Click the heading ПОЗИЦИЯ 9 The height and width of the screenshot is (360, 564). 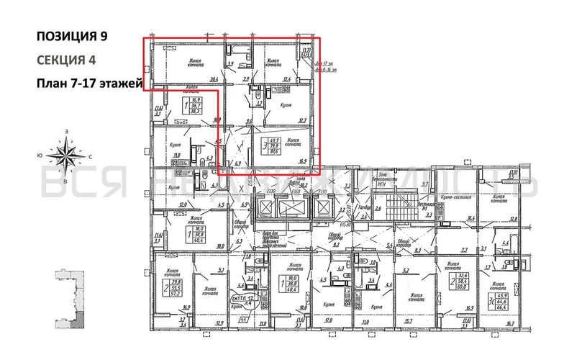point(74,36)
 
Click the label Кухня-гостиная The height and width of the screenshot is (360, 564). point(470,195)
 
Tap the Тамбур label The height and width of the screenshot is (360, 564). point(364,207)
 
